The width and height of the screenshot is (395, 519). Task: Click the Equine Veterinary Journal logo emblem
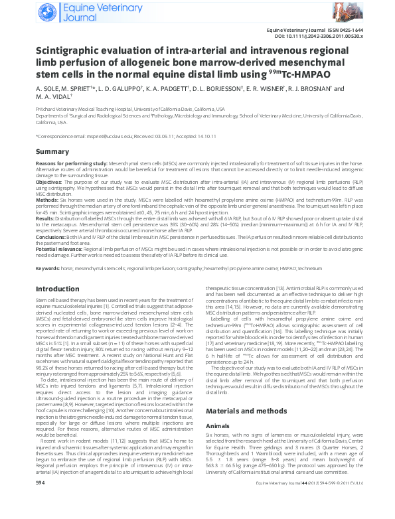(x=46, y=11)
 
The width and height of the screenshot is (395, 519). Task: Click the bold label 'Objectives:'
(x=49, y=181)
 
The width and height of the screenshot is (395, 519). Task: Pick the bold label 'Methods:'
(x=47, y=198)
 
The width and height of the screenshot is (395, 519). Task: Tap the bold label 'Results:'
(x=45, y=217)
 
